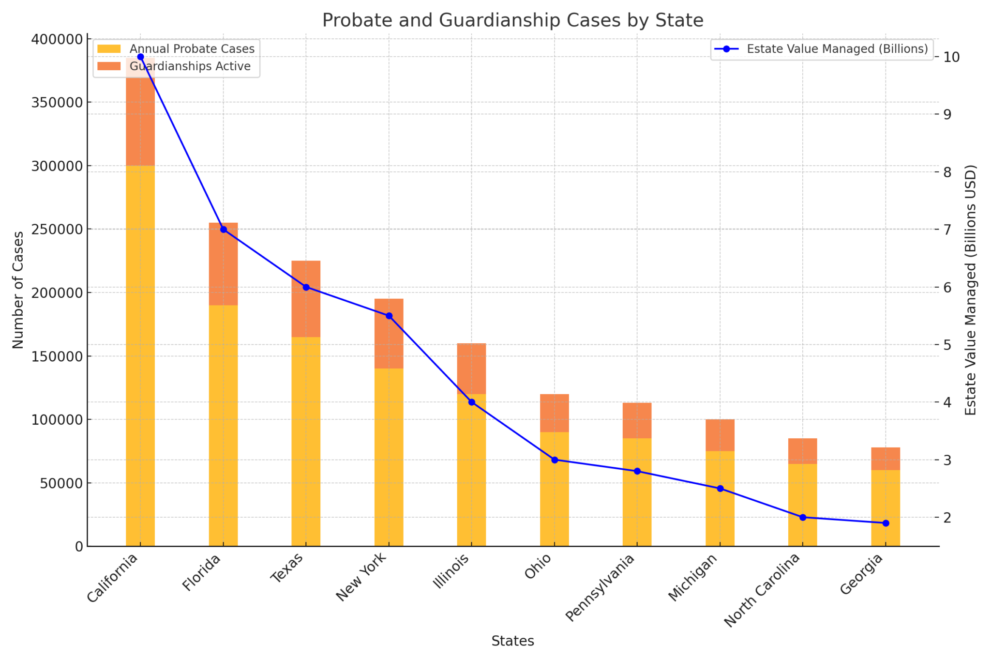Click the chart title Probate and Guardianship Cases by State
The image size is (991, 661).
(x=512, y=20)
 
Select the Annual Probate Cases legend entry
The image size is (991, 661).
(x=192, y=49)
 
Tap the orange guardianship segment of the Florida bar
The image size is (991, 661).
(x=223, y=264)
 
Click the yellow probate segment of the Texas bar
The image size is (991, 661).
(x=306, y=441)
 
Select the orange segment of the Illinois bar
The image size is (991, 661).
(x=471, y=368)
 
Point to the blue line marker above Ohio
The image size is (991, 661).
(x=555, y=460)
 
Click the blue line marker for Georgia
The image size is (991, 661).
(x=886, y=523)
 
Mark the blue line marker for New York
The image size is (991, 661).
(x=389, y=316)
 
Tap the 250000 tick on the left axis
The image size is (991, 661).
(x=57, y=230)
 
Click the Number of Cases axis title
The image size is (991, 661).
(x=18, y=290)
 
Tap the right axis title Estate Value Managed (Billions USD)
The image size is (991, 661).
(x=971, y=290)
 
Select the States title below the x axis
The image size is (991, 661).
(x=512, y=641)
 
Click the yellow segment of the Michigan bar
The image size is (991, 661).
(x=720, y=499)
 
